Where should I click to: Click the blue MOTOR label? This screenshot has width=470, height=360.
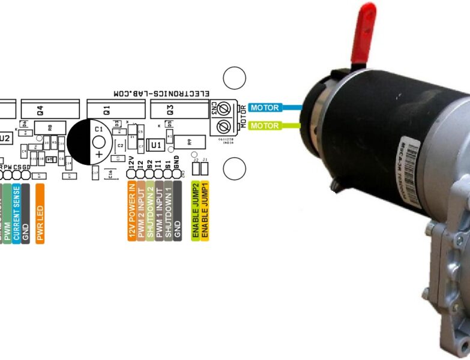pos(265,108)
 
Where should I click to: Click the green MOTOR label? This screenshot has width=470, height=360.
pos(265,126)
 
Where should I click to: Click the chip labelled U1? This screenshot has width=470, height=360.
pos(155,145)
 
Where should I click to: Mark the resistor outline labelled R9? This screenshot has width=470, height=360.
pos(190,142)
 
